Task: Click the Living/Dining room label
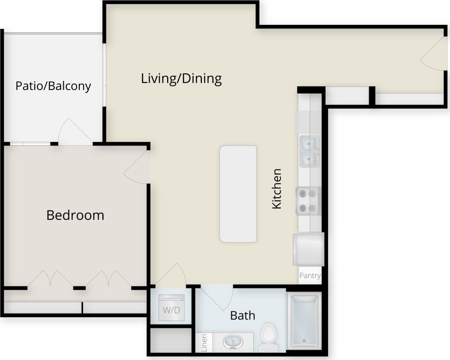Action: point(181,79)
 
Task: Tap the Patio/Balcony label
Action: point(53,86)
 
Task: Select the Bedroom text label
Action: point(75,215)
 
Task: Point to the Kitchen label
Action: point(277,189)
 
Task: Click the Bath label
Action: point(243,315)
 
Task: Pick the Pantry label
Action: point(310,276)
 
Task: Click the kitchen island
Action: point(238,194)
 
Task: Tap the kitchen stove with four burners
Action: point(308,201)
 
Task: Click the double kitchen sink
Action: point(310,152)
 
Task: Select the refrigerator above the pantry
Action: point(308,249)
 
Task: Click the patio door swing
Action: point(73,131)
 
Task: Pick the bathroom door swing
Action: point(217,298)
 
